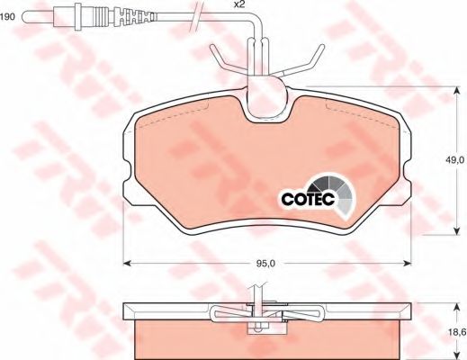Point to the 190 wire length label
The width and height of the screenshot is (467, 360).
[x=7, y=17]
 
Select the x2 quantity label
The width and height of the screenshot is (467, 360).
[x=238, y=4]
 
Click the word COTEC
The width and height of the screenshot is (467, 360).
[x=308, y=198]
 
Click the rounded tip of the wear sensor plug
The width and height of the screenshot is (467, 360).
[x=25, y=16]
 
